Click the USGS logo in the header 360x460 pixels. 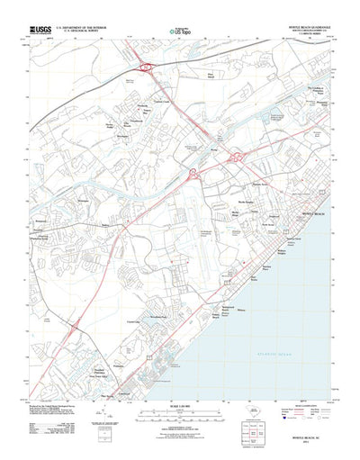[x=40, y=30]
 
